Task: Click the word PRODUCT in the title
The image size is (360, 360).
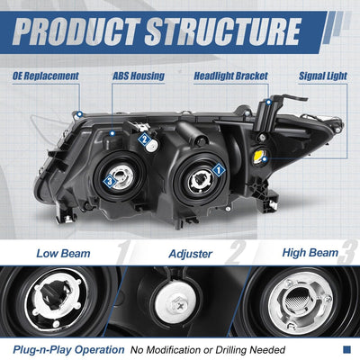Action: [76, 31]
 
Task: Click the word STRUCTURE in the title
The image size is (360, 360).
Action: [223, 31]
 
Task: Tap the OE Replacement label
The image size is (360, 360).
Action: [46, 76]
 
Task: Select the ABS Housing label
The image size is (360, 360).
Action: [139, 76]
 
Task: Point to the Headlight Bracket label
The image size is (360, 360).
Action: [230, 76]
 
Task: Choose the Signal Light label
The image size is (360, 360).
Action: [323, 76]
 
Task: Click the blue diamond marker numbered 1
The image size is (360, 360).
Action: [219, 170]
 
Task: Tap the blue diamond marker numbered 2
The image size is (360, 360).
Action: [145, 139]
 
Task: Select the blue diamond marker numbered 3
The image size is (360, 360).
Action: [110, 181]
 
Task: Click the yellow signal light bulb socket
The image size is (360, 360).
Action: [260, 156]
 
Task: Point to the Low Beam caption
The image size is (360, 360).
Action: [63, 254]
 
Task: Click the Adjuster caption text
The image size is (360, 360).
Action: [191, 254]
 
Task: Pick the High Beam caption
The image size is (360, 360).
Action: [310, 253]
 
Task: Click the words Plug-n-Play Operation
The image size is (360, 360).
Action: [68, 350]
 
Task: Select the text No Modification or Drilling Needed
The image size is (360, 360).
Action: [208, 350]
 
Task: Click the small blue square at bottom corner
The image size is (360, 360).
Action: [346, 349]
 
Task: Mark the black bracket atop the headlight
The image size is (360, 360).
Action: [270, 112]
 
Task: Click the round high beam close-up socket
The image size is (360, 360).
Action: [301, 303]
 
